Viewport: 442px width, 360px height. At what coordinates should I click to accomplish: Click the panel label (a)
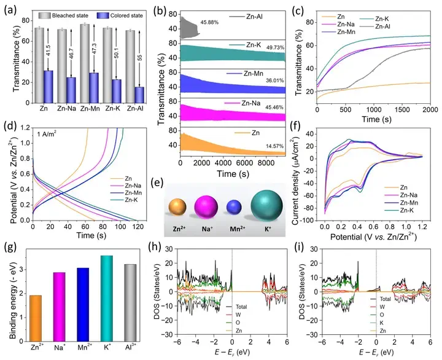pos(12,8)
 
